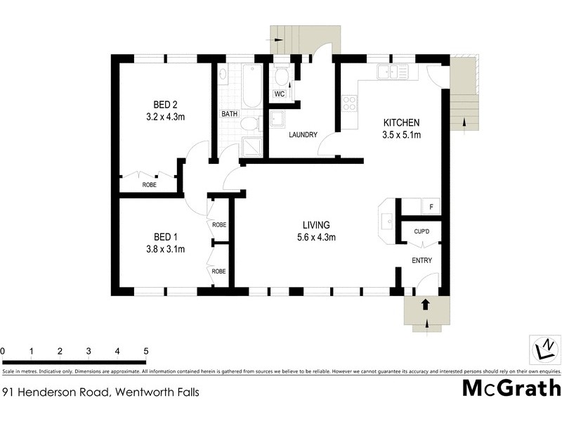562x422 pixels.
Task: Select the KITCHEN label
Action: point(401,122)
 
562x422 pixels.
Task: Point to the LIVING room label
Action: point(316,225)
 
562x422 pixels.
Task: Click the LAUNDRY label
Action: point(303,135)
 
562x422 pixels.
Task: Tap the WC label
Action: point(280,94)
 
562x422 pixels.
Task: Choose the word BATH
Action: point(230,114)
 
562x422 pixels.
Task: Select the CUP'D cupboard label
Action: point(421,231)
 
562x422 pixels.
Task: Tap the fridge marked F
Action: point(431,207)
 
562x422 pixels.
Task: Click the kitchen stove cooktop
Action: point(348,103)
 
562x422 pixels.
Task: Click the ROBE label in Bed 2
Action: point(149,185)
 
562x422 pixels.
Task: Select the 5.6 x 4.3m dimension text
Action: point(316,238)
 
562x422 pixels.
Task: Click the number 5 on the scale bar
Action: point(145,350)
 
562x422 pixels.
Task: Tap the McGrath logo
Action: point(511,388)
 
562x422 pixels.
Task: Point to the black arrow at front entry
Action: point(424,304)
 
